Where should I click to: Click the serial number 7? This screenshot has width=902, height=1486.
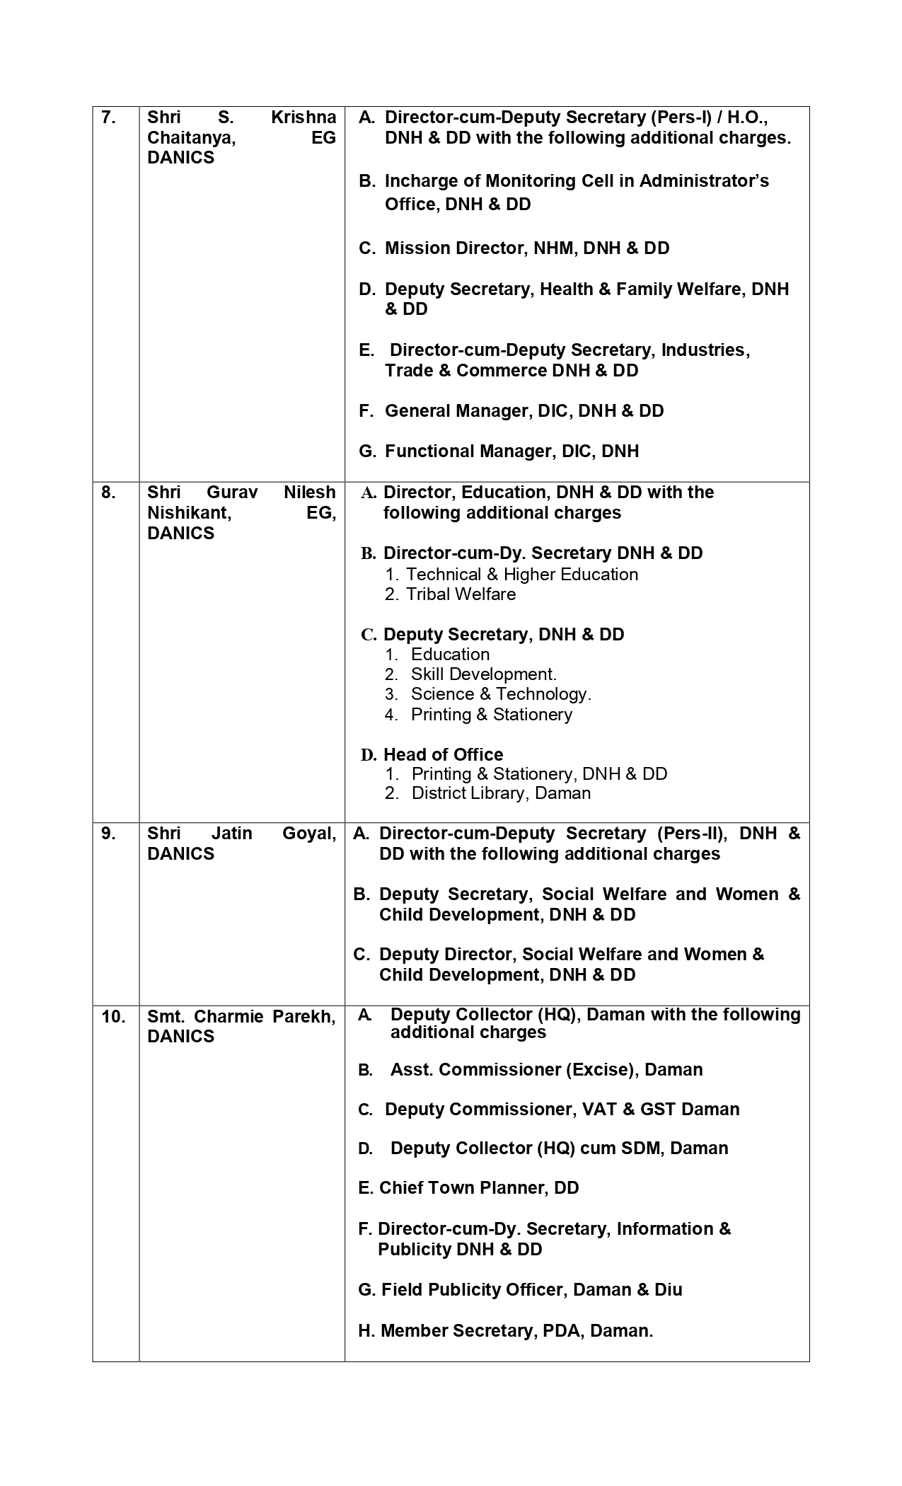coord(108,117)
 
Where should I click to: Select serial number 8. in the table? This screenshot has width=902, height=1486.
coord(108,493)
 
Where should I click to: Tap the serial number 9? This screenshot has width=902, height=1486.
coord(108,834)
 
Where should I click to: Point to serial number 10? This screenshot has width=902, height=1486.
coord(113,1017)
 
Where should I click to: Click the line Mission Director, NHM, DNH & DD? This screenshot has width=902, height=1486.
coord(526,248)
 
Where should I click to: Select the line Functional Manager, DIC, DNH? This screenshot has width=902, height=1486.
coord(511,451)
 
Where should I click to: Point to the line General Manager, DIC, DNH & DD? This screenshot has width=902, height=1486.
coord(524,411)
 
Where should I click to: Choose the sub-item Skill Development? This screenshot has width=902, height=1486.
coord(483,674)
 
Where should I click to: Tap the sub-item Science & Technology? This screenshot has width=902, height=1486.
coord(500,694)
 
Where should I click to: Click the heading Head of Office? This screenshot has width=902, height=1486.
coord(443,754)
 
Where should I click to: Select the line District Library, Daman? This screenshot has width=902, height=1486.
coord(501,793)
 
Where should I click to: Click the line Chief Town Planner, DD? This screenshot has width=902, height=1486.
coord(478,1188)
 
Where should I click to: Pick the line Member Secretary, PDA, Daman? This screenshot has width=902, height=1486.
coord(516,1331)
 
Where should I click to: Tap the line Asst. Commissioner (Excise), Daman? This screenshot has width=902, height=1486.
coord(546,1069)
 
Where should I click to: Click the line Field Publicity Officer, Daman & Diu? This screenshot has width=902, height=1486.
coord(531,1290)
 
